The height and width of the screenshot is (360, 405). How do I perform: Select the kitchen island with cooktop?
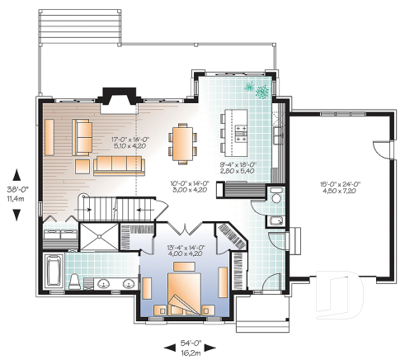coord(237,135)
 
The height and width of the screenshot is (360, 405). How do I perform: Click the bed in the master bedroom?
coord(185,295)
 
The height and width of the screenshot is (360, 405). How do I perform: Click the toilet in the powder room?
coord(275,198)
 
